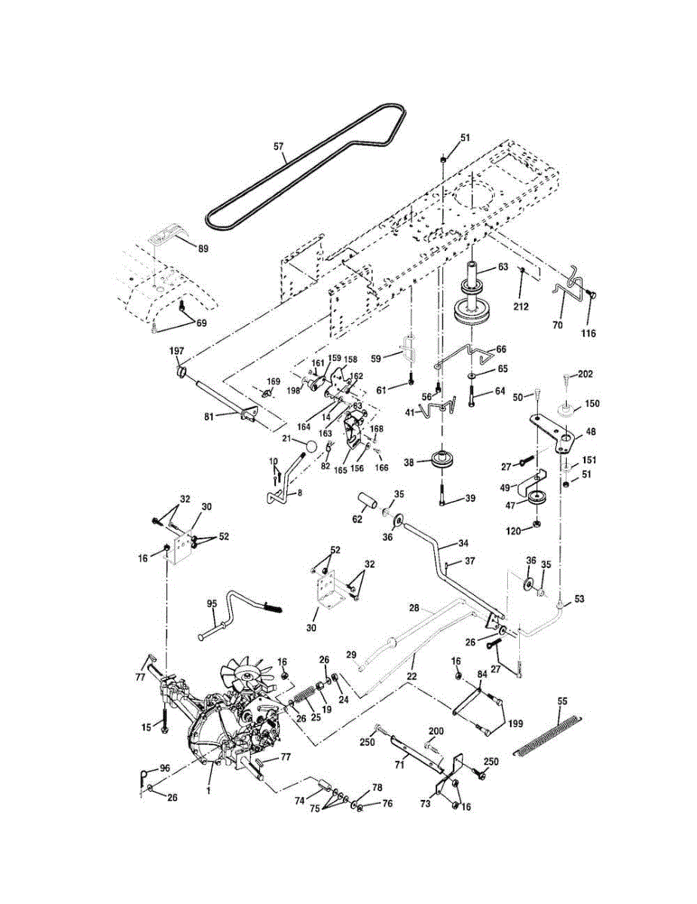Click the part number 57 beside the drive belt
(x=278, y=146)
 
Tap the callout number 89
(x=203, y=249)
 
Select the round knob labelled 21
(x=310, y=447)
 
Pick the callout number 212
(x=521, y=307)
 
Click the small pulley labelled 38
(x=442, y=460)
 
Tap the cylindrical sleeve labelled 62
(x=368, y=501)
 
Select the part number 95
(x=212, y=603)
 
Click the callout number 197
(x=177, y=351)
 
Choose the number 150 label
(x=592, y=404)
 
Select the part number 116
(x=588, y=333)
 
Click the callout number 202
(x=585, y=374)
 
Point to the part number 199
(x=516, y=723)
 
